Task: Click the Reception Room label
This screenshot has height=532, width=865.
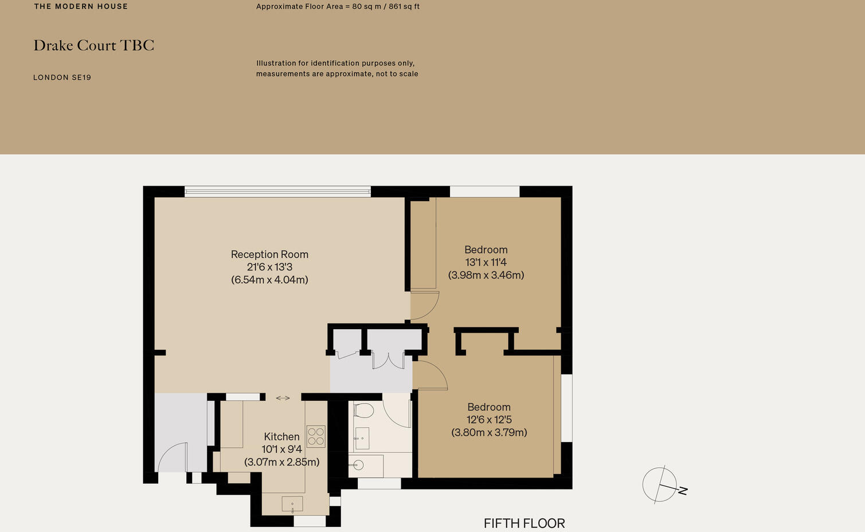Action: click(269, 254)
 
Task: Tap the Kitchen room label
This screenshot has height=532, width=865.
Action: click(281, 436)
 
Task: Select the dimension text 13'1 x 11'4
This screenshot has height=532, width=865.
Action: click(486, 262)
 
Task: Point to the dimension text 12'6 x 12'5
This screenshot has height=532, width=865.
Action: click(489, 420)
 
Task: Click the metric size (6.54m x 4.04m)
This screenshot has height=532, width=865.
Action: click(269, 280)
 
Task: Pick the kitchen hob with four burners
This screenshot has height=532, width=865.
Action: click(316, 436)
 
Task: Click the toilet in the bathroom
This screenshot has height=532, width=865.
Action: click(363, 410)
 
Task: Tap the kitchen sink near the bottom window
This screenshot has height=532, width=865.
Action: click(292, 504)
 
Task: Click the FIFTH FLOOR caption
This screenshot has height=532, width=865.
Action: click(524, 523)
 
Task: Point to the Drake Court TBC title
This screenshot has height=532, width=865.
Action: click(94, 45)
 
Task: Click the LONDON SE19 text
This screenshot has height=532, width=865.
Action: click(62, 77)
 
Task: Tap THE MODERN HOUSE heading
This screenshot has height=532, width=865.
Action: click(81, 6)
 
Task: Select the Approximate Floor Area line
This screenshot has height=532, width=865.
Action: click(338, 6)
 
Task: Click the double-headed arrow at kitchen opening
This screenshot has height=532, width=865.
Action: click(283, 398)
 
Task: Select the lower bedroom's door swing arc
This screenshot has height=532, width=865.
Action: click(430, 375)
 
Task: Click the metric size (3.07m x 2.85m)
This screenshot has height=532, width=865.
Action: click(281, 462)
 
